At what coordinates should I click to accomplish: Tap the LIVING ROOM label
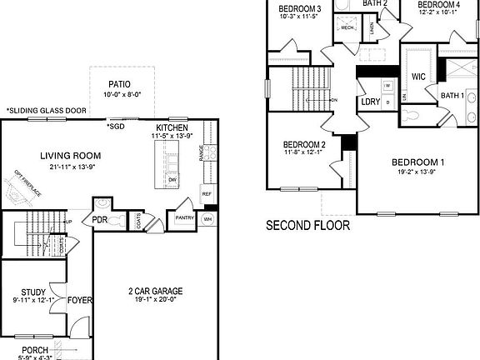pos(71,155)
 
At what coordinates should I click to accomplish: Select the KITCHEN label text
pos(170,127)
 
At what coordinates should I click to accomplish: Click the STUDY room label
pos(32,292)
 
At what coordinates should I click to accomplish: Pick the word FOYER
pos(79,300)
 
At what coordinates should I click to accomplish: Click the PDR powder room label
pos(99,220)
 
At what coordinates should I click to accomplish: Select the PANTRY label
pos(184,218)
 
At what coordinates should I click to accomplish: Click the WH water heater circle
pos(208,219)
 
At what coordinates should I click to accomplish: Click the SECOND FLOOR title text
pos(307,225)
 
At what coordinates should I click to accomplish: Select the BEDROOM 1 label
pos(417,162)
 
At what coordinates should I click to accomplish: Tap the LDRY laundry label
pos(370,102)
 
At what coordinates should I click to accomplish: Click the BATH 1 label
pos(452,96)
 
